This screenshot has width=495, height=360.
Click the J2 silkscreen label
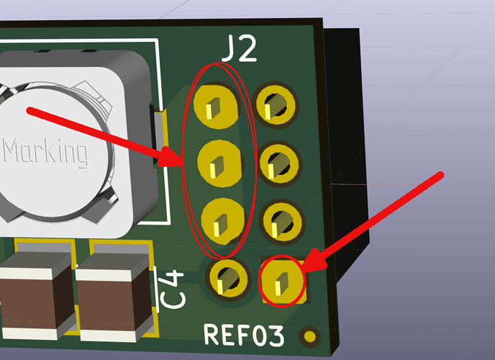coord(239,49)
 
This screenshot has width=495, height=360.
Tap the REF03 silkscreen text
coord(244,335)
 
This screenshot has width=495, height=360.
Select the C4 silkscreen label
coord(171,289)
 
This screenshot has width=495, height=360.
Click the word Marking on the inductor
coord(45,152)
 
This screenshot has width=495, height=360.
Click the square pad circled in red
coord(283,281)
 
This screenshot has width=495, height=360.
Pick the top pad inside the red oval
coord(216,107)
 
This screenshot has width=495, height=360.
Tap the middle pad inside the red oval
coord(219,163)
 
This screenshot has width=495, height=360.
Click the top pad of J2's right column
coord(276,105)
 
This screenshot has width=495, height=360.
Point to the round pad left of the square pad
coord(228,278)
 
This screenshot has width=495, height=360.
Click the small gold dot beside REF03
coord(309,336)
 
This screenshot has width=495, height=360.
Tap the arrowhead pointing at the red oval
coord(171,157)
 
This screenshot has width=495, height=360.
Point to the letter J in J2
coord(229,49)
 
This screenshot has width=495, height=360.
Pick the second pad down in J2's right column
coord(279,164)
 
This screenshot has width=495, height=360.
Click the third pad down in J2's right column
coord(283,222)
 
